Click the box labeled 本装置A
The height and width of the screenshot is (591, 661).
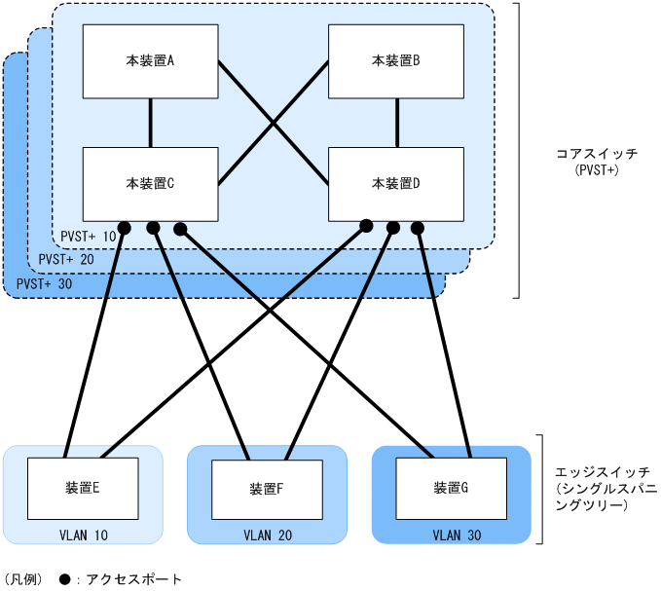click(x=150, y=60)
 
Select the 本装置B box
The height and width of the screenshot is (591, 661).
click(x=396, y=60)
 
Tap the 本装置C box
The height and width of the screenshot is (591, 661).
click(x=150, y=183)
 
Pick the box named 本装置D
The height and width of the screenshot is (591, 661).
click(x=396, y=183)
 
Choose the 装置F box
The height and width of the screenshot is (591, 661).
click(x=266, y=488)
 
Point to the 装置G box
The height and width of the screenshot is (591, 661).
click(x=450, y=487)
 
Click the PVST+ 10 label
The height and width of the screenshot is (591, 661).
click(x=88, y=236)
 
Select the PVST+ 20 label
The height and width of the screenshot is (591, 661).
click(x=66, y=260)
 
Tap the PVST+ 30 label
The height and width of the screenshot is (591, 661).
click(x=45, y=284)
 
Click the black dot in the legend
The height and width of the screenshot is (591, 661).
click(x=64, y=578)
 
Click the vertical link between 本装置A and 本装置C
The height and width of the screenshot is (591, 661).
click(x=150, y=122)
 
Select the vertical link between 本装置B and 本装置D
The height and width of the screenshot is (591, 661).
click(x=396, y=122)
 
